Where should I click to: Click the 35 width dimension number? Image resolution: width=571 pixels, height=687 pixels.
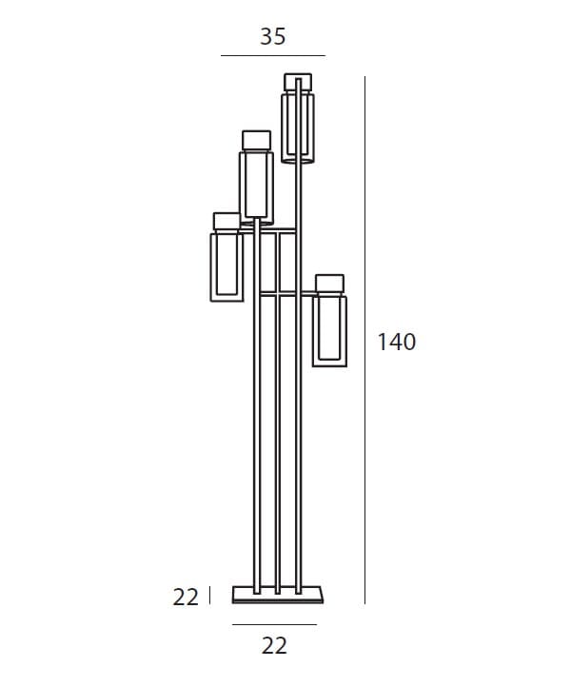[x=272, y=36]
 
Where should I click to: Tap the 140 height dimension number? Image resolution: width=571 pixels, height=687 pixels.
[x=397, y=342]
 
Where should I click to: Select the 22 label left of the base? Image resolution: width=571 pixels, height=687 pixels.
[x=186, y=598]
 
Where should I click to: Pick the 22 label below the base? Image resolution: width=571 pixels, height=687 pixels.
[x=274, y=646]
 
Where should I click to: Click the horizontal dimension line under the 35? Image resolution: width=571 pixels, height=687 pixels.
[x=272, y=55]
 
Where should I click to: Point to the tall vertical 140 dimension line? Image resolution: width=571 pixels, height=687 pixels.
[x=364, y=340]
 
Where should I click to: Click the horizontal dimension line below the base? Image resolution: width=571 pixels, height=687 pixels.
[x=274, y=624]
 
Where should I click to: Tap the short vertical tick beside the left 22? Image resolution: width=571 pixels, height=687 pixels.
[x=209, y=595]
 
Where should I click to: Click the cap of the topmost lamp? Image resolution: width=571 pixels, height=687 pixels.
[x=298, y=83]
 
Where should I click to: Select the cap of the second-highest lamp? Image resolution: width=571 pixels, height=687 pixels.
[x=256, y=140]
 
